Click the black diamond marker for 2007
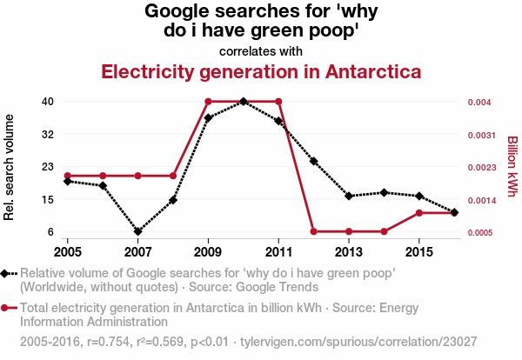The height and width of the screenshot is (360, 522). coord(137,231)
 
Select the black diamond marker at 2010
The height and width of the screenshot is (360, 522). coord(244,102)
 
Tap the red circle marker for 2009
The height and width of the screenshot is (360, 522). coord(208,102)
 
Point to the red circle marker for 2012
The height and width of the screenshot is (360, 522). coord(314,231)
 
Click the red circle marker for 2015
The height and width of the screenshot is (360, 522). coord(419,212)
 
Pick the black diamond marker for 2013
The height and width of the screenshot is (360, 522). coord(349,196)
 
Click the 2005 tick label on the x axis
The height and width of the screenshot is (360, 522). coord(68,251)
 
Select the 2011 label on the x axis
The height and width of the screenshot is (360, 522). coord(278,251)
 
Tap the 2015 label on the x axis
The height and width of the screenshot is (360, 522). coord(419,251)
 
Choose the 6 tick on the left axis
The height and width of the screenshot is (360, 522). coord(50,232)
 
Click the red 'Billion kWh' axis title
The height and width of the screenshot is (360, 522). coord(512,167)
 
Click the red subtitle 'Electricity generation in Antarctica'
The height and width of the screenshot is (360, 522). coord(261,71)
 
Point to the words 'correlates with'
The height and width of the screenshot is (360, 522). coord(261,50)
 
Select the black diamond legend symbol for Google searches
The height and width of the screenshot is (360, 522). coord(9,274)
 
